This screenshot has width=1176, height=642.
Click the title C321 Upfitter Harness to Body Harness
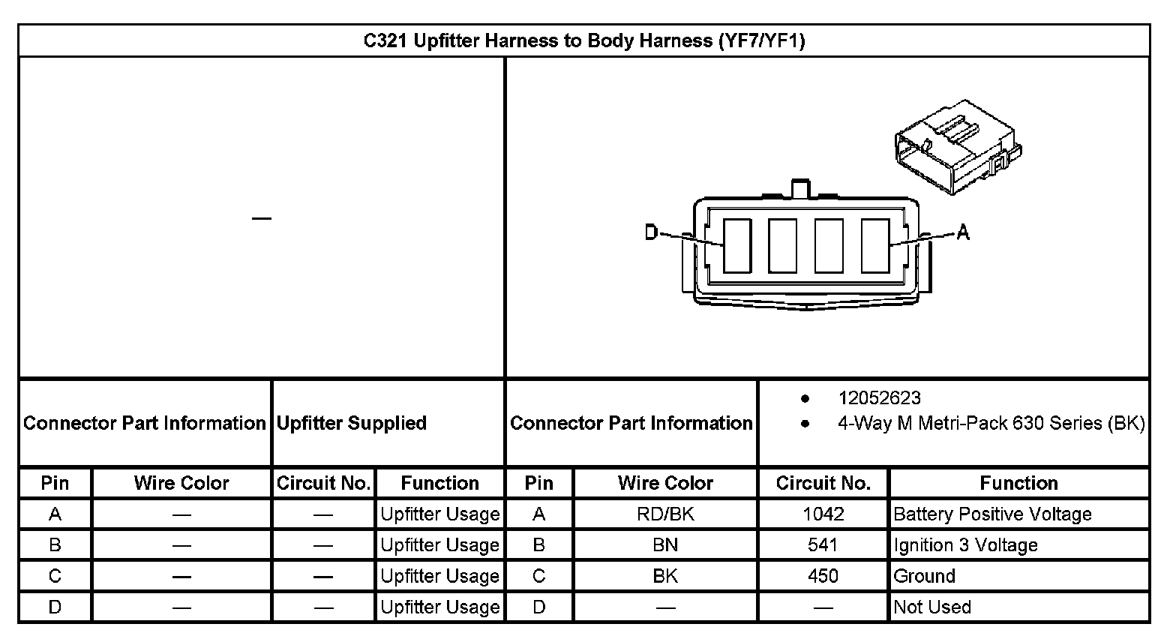point(583,40)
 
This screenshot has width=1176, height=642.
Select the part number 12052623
point(879,398)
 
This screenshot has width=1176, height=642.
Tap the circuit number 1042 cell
point(823,514)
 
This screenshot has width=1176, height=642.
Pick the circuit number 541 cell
point(823,545)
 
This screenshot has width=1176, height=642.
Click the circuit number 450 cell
point(823,576)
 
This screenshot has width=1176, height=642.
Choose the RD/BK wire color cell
point(665,514)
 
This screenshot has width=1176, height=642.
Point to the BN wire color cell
point(665,545)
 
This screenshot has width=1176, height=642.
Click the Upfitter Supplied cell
point(352,423)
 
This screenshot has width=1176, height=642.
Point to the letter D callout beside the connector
point(651,233)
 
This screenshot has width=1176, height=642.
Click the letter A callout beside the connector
point(963,233)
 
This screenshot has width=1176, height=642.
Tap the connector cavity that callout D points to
point(737,246)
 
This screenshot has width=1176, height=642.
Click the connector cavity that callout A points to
point(874,246)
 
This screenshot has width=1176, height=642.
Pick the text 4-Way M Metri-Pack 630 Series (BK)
point(991,424)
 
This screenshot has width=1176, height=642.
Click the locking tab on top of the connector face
point(801,187)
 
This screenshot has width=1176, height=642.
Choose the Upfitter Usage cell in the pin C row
point(439,576)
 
